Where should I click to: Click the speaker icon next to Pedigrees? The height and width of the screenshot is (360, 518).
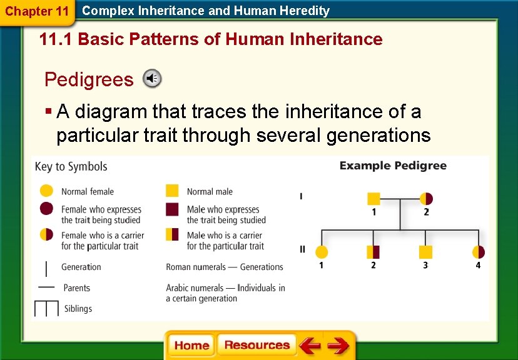pos(152,79)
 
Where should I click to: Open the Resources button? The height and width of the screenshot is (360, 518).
pos(256,345)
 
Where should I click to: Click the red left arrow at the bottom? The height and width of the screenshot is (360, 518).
pos(310,346)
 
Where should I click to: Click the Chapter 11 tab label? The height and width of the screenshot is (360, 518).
pos(36,11)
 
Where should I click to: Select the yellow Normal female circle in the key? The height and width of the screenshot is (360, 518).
pos(46,191)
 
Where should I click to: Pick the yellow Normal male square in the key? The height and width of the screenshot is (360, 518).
pos(172,191)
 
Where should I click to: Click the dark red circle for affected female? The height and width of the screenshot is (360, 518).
pos(46,209)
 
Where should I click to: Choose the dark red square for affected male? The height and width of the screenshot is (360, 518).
pos(172,209)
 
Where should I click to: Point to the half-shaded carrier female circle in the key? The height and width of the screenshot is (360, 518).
pos(46,235)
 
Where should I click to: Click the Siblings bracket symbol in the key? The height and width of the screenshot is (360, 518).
pos(46,309)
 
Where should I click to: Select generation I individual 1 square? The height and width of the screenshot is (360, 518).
pos(373,199)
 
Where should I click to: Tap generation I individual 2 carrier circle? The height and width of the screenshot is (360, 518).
pos(426,199)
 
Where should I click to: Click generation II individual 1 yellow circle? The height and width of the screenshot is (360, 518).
pos(321,252)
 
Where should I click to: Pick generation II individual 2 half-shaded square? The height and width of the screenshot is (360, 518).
pos(373,252)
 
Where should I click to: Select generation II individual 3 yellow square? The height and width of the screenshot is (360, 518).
pos(425,252)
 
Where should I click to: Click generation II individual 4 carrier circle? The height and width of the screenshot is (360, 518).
pos(478,252)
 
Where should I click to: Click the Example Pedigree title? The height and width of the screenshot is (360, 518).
pos(393,166)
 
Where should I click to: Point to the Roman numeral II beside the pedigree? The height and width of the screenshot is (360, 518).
pos(302,249)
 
